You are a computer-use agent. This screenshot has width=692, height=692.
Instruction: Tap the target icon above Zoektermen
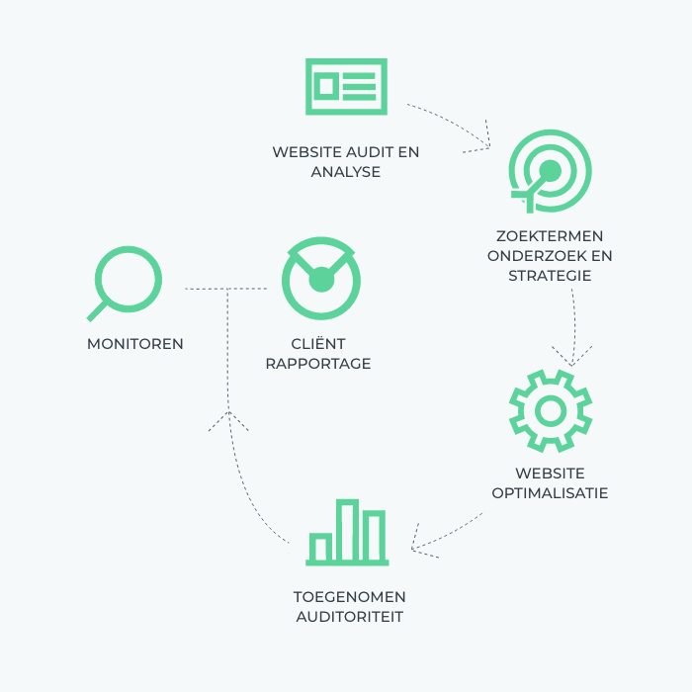pyautogui.click(x=550, y=171)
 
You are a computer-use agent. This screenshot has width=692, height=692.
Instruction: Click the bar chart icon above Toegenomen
pyautogui.click(x=347, y=532)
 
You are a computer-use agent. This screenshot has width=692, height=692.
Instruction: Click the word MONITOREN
pyautogui.click(x=135, y=344)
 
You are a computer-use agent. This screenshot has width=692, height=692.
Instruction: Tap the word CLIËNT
pyautogui.click(x=318, y=343)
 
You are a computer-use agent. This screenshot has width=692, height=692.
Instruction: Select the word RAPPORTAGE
pyautogui.click(x=318, y=364)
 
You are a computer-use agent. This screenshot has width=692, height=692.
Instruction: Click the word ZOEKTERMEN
pyautogui.click(x=550, y=236)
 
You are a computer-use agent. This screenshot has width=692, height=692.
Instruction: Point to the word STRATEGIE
pyautogui.click(x=550, y=276)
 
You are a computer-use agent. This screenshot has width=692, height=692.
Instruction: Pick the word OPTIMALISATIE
pyautogui.click(x=550, y=493)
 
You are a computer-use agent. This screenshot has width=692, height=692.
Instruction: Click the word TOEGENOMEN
pyautogui.click(x=350, y=597)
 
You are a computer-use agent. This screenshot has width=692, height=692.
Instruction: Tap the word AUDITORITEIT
pyautogui.click(x=350, y=617)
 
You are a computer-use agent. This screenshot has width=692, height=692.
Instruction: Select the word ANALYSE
pyautogui.click(x=346, y=172)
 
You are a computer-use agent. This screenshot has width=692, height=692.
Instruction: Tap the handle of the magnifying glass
pyautogui.click(x=97, y=311)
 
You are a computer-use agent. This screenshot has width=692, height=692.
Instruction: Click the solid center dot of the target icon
pyautogui.click(x=551, y=170)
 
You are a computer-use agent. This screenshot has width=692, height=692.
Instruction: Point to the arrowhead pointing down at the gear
pyautogui.click(x=572, y=357)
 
